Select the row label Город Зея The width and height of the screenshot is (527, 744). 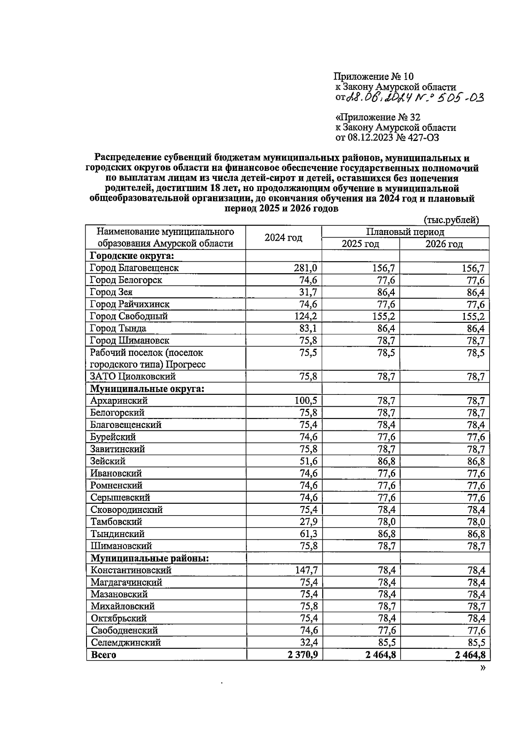pyautogui.click(x=111, y=292)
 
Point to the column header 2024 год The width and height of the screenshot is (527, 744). pyautogui.click(x=283, y=238)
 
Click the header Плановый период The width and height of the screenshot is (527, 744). pyautogui.click(x=405, y=232)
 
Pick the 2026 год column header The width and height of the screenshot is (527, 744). pyautogui.click(x=444, y=244)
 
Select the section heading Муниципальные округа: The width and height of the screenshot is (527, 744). pyautogui.click(x=147, y=389)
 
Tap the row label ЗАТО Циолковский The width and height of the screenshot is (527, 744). pyautogui.click(x=133, y=376)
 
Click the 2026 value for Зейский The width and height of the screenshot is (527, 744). pyautogui.click(x=476, y=461)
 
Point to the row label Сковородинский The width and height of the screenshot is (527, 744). pyautogui.click(x=126, y=509)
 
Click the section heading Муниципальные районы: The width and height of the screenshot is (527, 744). pyautogui.click(x=149, y=558)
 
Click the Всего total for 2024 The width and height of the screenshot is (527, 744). pyautogui.click(x=303, y=655)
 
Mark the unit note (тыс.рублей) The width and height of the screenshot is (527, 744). pyautogui.click(x=451, y=220)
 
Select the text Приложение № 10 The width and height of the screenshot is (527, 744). pyautogui.click(x=374, y=77)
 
